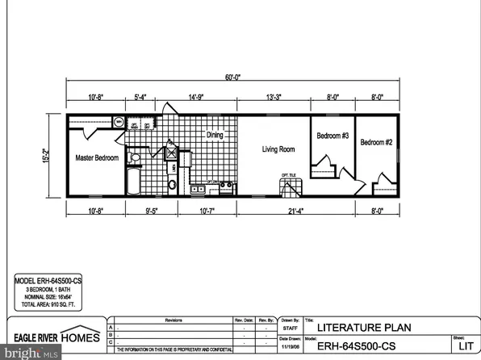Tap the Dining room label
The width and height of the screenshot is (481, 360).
point(214,136)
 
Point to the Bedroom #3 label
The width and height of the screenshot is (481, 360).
point(332,136)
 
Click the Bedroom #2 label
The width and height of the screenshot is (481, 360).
point(376,143)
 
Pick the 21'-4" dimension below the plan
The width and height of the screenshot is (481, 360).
point(310,211)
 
